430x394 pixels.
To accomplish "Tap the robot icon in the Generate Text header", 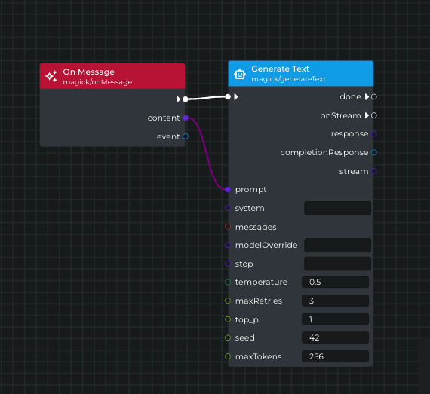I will (x=240, y=74).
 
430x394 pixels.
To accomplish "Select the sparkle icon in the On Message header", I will (x=51, y=76).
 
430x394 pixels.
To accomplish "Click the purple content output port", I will (x=186, y=118).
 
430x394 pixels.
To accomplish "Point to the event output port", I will (x=186, y=136).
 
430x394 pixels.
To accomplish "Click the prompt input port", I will (x=228, y=189).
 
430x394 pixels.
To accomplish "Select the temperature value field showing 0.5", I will (x=334, y=282).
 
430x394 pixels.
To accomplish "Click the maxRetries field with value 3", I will (x=334, y=301).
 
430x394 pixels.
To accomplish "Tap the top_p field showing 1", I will (x=334, y=319).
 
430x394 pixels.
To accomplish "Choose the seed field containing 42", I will (x=334, y=337).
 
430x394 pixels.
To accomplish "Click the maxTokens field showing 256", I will (x=334, y=356).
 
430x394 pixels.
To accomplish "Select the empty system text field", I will (x=337, y=208).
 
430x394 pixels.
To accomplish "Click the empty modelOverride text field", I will (x=337, y=245).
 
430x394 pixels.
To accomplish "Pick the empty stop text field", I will (x=337, y=264).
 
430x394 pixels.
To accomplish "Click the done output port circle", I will (x=374, y=96).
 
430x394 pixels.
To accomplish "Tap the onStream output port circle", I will (x=374, y=115).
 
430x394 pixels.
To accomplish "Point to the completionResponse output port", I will (x=374, y=152).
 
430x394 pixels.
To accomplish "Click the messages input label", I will (x=256, y=227).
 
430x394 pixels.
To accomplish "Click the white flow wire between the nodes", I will (x=206, y=98).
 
